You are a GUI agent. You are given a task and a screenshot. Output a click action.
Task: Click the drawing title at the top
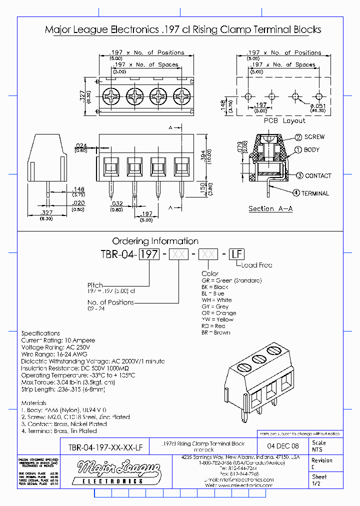(x=183, y=30)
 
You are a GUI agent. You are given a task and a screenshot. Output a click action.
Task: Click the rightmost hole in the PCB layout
(x=318, y=96)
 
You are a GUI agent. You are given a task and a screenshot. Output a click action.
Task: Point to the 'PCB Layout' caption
(x=284, y=121)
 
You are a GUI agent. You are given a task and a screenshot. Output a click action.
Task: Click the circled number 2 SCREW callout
(x=298, y=137)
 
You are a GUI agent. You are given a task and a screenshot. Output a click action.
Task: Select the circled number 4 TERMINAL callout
(x=296, y=193)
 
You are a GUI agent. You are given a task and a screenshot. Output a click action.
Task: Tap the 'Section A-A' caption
(x=270, y=209)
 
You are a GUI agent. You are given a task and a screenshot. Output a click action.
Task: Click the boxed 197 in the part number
(x=148, y=254)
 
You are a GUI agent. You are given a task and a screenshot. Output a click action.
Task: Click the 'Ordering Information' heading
(x=155, y=241)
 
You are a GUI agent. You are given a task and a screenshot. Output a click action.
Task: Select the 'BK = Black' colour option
(x=215, y=287)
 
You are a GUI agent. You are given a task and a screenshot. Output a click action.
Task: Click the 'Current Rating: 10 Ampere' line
(x=58, y=340)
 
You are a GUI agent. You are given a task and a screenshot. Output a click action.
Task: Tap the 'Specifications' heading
(x=40, y=333)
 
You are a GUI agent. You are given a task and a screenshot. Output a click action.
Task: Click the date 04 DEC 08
(x=283, y=446)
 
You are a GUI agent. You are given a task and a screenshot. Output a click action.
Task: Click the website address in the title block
(x=239, y=485)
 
